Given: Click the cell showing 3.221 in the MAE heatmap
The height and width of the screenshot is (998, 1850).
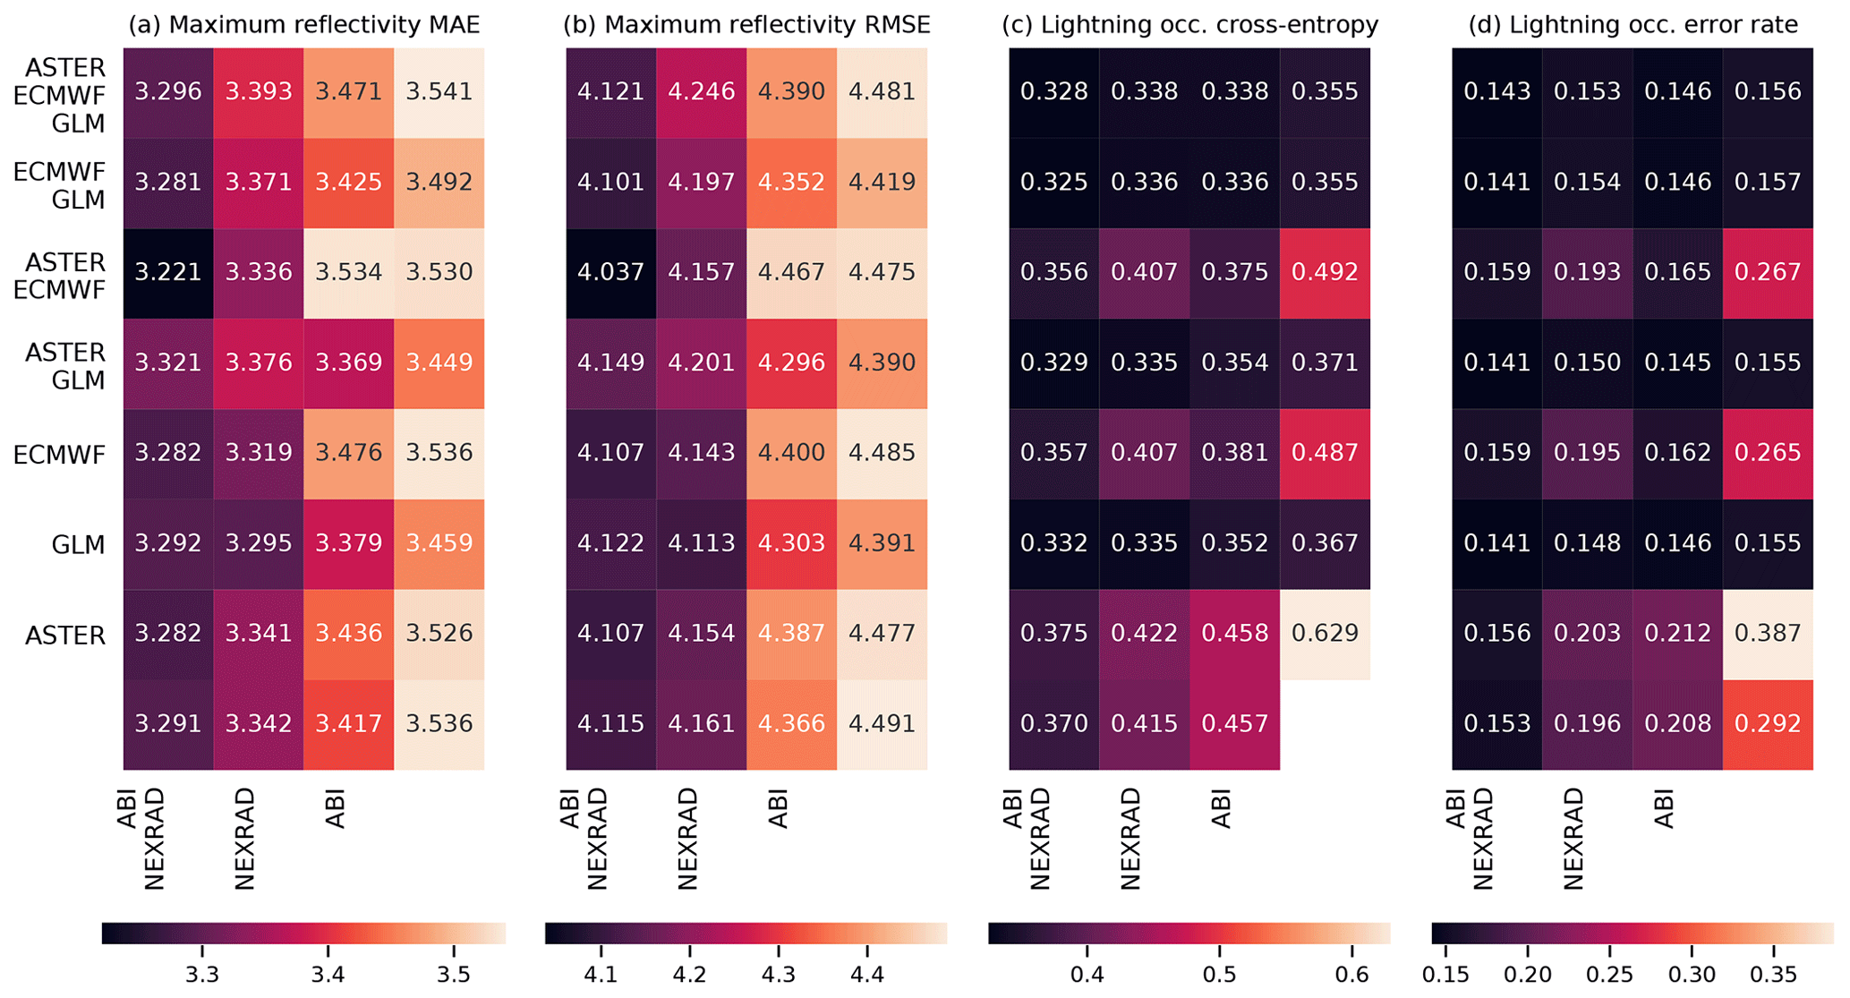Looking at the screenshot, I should (168, 272).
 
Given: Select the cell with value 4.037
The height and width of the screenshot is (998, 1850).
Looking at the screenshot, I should (610, 272).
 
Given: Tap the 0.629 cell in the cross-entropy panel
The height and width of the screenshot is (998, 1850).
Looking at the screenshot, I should (1325, 634).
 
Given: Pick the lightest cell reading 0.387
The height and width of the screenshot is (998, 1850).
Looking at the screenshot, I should (1768, 634).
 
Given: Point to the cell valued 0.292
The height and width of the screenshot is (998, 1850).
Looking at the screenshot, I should (1768, 723).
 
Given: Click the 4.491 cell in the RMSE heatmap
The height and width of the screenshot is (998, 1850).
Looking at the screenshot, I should (882, 723).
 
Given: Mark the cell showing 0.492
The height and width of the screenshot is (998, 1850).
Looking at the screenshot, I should (1325, 272).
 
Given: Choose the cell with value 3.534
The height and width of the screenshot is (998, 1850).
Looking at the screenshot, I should (348, 272).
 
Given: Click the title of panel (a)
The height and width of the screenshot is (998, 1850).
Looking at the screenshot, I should (304, 24).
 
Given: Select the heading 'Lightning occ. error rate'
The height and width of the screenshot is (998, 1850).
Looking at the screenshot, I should (1633, 24).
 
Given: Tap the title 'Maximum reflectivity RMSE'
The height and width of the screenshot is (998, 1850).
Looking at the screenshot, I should (746, 24).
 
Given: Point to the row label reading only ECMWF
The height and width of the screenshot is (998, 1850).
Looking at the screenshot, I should (60, 455).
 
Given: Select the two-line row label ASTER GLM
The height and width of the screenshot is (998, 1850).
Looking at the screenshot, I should (65, 366).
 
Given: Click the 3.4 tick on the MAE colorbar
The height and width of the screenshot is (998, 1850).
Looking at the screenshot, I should (328, 974).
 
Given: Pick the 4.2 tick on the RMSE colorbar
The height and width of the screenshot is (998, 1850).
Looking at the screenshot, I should (688, 974).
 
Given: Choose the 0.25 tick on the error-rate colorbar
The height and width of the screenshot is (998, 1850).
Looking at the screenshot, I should (1609, 974).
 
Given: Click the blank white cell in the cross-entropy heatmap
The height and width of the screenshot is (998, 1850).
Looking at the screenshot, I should (1325, 723).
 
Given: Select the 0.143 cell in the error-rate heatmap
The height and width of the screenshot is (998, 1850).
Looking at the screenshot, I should (1496, 91).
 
